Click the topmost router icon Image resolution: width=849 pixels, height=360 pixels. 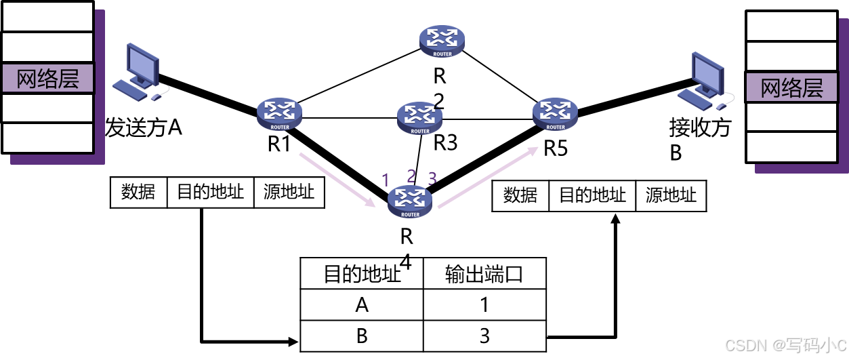[x=442, y=41]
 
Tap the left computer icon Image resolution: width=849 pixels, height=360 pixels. [x=139, y=73]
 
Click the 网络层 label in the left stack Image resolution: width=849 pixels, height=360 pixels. [x=47, y=79]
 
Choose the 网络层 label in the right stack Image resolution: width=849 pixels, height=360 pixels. [x=791, y=88]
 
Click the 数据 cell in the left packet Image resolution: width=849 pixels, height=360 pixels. [x=138, y=193]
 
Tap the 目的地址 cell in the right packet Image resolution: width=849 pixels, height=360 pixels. [x=592, y=196]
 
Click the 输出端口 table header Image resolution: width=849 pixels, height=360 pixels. [x=484, y=275]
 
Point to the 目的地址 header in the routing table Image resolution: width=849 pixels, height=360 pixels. [x=362, y=275]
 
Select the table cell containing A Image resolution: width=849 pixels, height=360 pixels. [x=362, y=305]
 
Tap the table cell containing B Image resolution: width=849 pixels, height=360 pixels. [x=362, y=336]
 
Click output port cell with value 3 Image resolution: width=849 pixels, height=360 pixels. [x=484, y=336]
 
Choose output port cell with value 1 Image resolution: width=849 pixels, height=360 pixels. [x=484, y=305]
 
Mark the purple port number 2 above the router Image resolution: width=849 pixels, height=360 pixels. [x=411, y=176]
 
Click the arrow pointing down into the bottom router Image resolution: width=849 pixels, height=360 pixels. [x=337, y=180]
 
